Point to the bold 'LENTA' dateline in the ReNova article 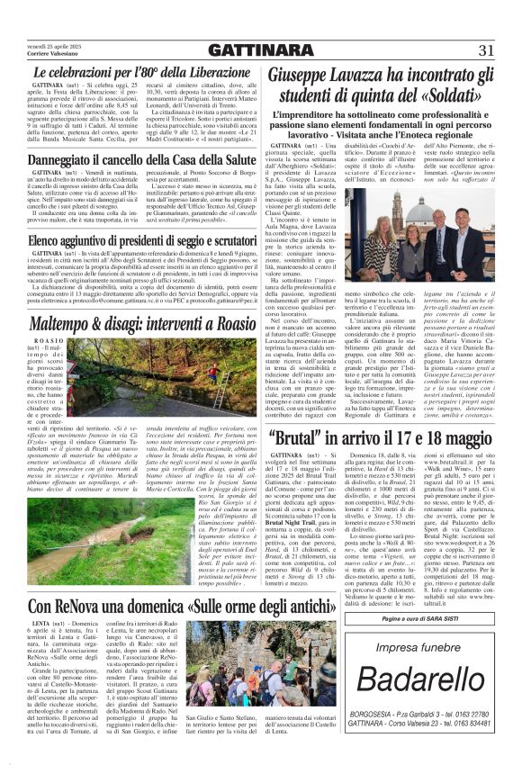click(40, 625)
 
